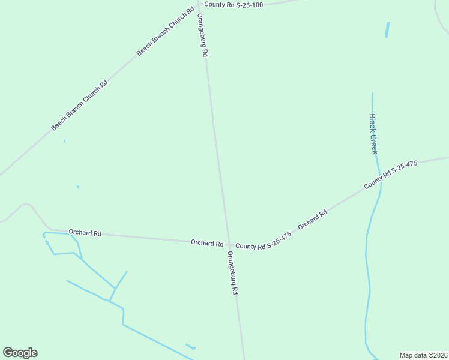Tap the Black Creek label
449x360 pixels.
tap(373, 133)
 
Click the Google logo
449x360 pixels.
tap(20, 353)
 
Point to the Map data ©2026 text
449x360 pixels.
tap(423, 355)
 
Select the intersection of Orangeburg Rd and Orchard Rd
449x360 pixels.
tap(229, 244)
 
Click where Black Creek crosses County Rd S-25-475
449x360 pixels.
tap(379, 181)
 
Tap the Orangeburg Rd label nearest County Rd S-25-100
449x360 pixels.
tap(202, 35)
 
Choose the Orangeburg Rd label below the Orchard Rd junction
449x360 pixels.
tap(233, 272)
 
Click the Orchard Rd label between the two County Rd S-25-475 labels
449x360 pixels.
tap(312, 219)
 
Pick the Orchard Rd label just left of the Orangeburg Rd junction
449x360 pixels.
tap(207, 243)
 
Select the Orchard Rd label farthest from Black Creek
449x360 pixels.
tap(85, 233)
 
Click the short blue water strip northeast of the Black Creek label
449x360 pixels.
tap(387, 30)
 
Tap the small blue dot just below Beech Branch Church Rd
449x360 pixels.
tap(64, 141)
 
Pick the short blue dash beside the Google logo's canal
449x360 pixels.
tap(190, 346)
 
